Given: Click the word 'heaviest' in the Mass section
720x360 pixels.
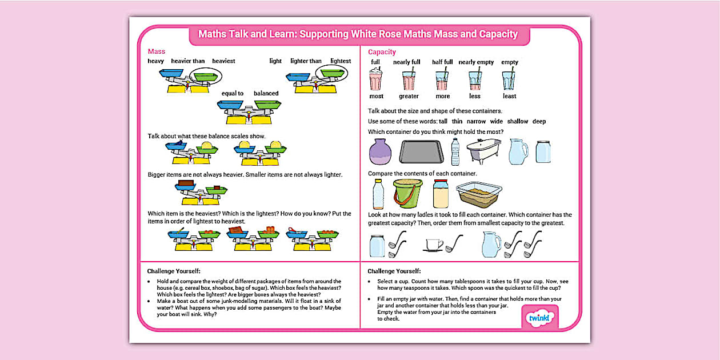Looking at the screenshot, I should [223, 61].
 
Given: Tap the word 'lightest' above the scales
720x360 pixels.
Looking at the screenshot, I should [341, 61].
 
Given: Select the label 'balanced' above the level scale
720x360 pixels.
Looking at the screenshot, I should [266, 93].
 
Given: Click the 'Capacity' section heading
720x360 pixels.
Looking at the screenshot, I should [382, 52].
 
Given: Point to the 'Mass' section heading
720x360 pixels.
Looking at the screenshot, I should [156, 51].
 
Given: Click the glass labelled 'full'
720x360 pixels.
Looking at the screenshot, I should [375, 79].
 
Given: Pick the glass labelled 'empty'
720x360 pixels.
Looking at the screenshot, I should [509, 79].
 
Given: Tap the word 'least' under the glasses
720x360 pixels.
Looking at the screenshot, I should [509, 96].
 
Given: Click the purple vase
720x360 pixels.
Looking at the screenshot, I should [380, 152].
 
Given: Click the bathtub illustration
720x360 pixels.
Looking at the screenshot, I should [483, 151].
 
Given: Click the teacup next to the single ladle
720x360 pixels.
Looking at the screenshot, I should [433, 245].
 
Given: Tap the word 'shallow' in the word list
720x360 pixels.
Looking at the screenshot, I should [518, 121].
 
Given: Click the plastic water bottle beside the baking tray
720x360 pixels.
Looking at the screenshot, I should [455, 151].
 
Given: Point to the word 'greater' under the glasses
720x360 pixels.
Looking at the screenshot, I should [409, 96].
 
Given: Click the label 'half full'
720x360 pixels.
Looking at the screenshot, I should [442, 62].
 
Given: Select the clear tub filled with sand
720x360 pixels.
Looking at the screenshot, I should [479, 195].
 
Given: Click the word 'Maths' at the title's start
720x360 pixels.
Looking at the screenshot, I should [213, 34].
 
